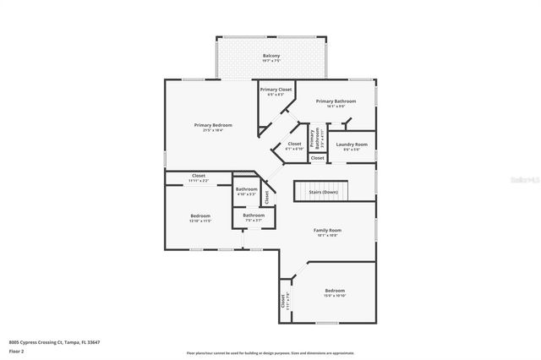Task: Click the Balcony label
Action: point(270,56)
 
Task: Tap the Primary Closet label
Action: point(276,89)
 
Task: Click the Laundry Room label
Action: point(351,145)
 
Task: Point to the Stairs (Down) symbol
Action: point(321,191)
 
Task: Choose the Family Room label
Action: point(327,231)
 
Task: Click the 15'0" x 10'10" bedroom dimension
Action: point(335,296)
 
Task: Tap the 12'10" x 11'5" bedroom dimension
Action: point(199,221)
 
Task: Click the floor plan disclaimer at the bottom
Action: point(270,352)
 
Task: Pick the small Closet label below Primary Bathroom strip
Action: point(317,158)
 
